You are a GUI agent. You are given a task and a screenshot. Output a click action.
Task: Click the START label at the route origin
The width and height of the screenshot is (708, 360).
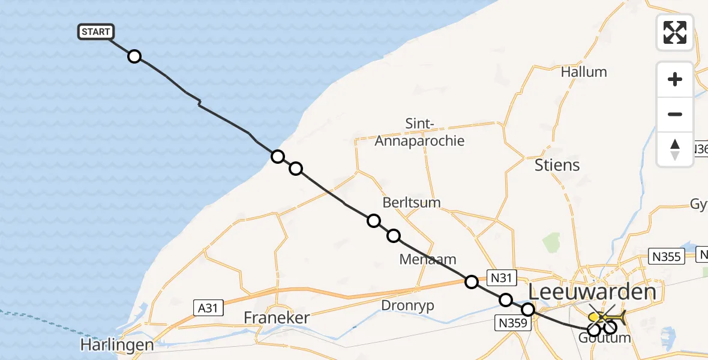[x=95, y=32]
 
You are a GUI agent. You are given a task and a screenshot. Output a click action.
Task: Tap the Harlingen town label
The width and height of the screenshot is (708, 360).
[x=118, y=346]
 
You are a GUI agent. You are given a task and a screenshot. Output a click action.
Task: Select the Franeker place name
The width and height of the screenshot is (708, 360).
[x=277, y=317]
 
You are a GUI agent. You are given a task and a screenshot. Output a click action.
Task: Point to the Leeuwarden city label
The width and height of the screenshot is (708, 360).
[x=592, y=293]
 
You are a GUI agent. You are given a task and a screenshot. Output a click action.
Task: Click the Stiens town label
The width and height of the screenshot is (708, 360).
[x=557, y=165]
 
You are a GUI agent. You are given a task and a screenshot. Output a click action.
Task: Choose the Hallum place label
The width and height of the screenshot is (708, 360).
[x=584, y=72]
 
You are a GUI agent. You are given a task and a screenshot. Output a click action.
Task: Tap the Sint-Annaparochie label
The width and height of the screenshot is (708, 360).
[x=419, y=133]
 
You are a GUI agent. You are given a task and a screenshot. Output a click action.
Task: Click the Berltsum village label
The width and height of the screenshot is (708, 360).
[x=411, y=202]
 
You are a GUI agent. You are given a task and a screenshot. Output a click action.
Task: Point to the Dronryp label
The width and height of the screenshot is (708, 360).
[x=407, y=305]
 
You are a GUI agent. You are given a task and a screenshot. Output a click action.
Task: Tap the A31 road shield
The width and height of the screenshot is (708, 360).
[x=208, y=308]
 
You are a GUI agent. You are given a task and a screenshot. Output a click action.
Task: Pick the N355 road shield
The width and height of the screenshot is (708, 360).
[x=667, y=257]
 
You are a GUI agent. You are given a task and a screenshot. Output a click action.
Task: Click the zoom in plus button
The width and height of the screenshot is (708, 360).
[x=675, y=79]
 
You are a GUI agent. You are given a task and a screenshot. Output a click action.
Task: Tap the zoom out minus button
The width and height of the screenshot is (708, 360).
[x=675, y=114]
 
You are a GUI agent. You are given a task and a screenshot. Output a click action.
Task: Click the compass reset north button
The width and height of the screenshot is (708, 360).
[x=675, y=149]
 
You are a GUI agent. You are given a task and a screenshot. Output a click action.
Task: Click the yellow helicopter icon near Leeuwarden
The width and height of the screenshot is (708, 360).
[x=607, y=316]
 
